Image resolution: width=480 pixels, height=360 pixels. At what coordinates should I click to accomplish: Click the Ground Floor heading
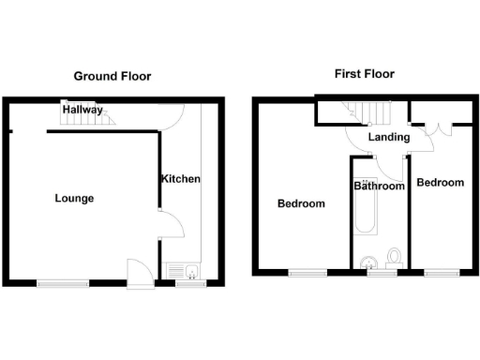coord(112,76)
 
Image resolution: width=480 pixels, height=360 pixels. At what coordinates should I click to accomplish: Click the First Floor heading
coord(364,73)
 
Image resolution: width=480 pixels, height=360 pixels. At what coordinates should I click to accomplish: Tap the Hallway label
coord(82,110)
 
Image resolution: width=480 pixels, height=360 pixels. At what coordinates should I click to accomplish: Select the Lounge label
coord(74,198)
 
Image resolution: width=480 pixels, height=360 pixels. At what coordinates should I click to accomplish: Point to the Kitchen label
coord(180,179)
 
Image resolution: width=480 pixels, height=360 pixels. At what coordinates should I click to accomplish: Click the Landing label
coord(389,138)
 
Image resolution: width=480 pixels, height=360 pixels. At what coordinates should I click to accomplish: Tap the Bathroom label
coord(379,187)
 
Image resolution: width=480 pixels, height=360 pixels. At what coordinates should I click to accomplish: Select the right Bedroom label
coord(441,182)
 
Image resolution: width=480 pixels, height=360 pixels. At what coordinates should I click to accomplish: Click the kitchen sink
coord(184,272)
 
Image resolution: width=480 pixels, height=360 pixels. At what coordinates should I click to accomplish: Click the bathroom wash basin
coord(368,261)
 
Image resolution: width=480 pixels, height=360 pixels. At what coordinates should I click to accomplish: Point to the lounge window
coord(58,280)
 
